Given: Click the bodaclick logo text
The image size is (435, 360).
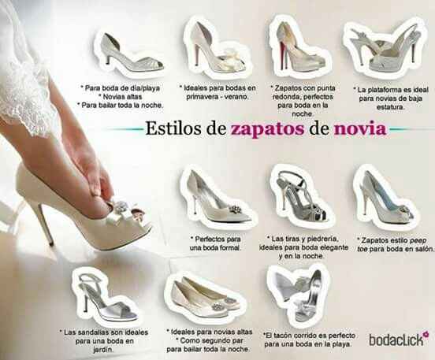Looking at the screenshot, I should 393,340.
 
